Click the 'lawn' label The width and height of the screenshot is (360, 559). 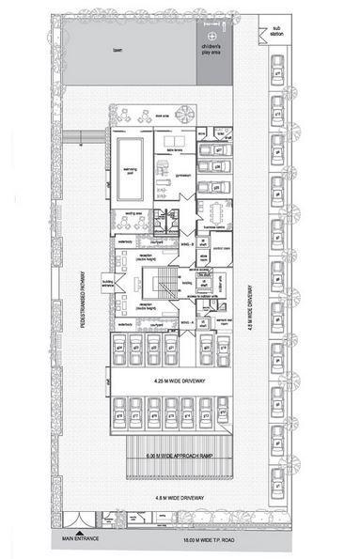117,49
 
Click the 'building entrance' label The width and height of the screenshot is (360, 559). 110,281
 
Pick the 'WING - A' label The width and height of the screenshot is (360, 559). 184,321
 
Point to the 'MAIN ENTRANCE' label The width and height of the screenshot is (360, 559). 80,538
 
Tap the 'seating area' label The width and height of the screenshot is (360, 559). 133,213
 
